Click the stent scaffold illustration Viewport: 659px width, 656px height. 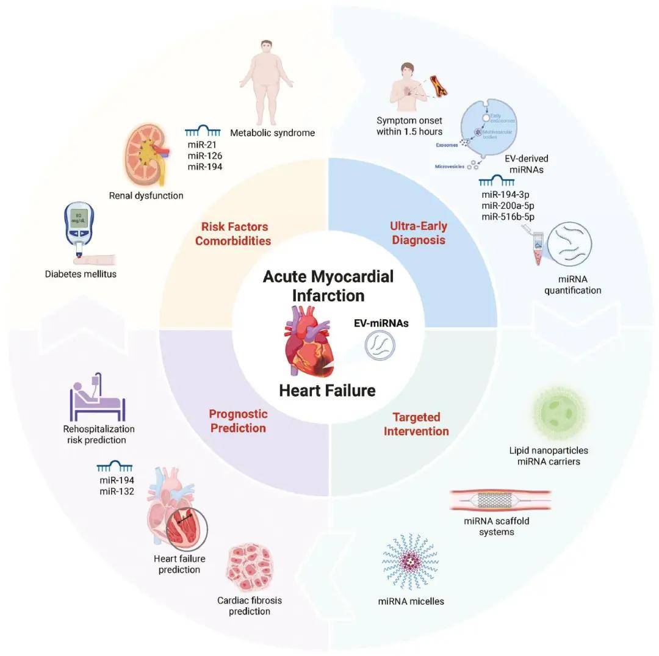pos(500,500)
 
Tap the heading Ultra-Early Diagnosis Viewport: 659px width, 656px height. pos(418,232)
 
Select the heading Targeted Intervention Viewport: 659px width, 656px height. pos(416,424)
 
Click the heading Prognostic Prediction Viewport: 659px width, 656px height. pos(238,421)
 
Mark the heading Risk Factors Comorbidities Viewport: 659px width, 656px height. pos(232,234)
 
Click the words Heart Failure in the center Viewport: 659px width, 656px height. pos(327,390)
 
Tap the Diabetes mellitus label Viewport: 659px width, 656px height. pos(81,274)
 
